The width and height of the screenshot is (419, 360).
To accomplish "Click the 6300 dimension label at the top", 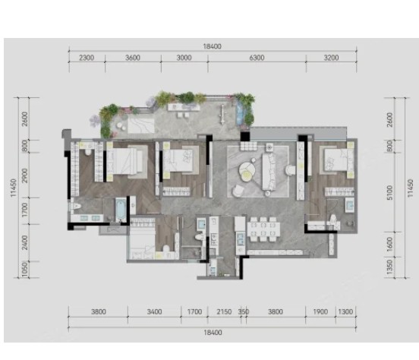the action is (x=257, y=58).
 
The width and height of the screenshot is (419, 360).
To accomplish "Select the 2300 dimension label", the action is (x=87, y=58).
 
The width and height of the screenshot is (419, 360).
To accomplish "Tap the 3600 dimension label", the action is (x=133, y=58).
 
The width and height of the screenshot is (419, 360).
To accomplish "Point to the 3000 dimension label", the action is (x=184, y=58).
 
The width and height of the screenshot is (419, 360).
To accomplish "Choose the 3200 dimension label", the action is (x=331, y=58).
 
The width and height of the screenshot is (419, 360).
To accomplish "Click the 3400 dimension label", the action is (x=154, y=312).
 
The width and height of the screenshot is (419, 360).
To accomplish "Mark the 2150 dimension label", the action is (x=224, y=312).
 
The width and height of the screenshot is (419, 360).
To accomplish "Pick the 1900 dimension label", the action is (x=320, y=312).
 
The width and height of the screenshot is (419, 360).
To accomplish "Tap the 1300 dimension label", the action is (x=345, y=312).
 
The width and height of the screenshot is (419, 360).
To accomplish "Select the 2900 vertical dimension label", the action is (x=25, y=175).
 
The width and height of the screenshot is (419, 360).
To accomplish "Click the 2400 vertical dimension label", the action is (x=25, y=242).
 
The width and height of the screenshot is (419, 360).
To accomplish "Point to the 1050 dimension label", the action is (x=25, y=270).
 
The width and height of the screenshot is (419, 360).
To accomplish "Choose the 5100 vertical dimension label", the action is (x=390, y=193).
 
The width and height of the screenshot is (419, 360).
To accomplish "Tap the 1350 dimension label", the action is (x=390, y=267).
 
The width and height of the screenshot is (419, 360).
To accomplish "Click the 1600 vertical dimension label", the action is (x=390, y=245).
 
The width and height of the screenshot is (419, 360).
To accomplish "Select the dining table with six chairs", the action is (x=263, y=229).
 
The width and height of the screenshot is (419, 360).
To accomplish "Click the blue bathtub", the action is (x=121, y=210).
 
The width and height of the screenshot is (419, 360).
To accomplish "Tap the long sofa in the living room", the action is (x=269, y=171).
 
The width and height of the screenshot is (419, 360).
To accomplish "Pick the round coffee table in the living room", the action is (x=247, y=171).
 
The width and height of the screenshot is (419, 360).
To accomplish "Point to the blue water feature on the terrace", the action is (x=240, y=112).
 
